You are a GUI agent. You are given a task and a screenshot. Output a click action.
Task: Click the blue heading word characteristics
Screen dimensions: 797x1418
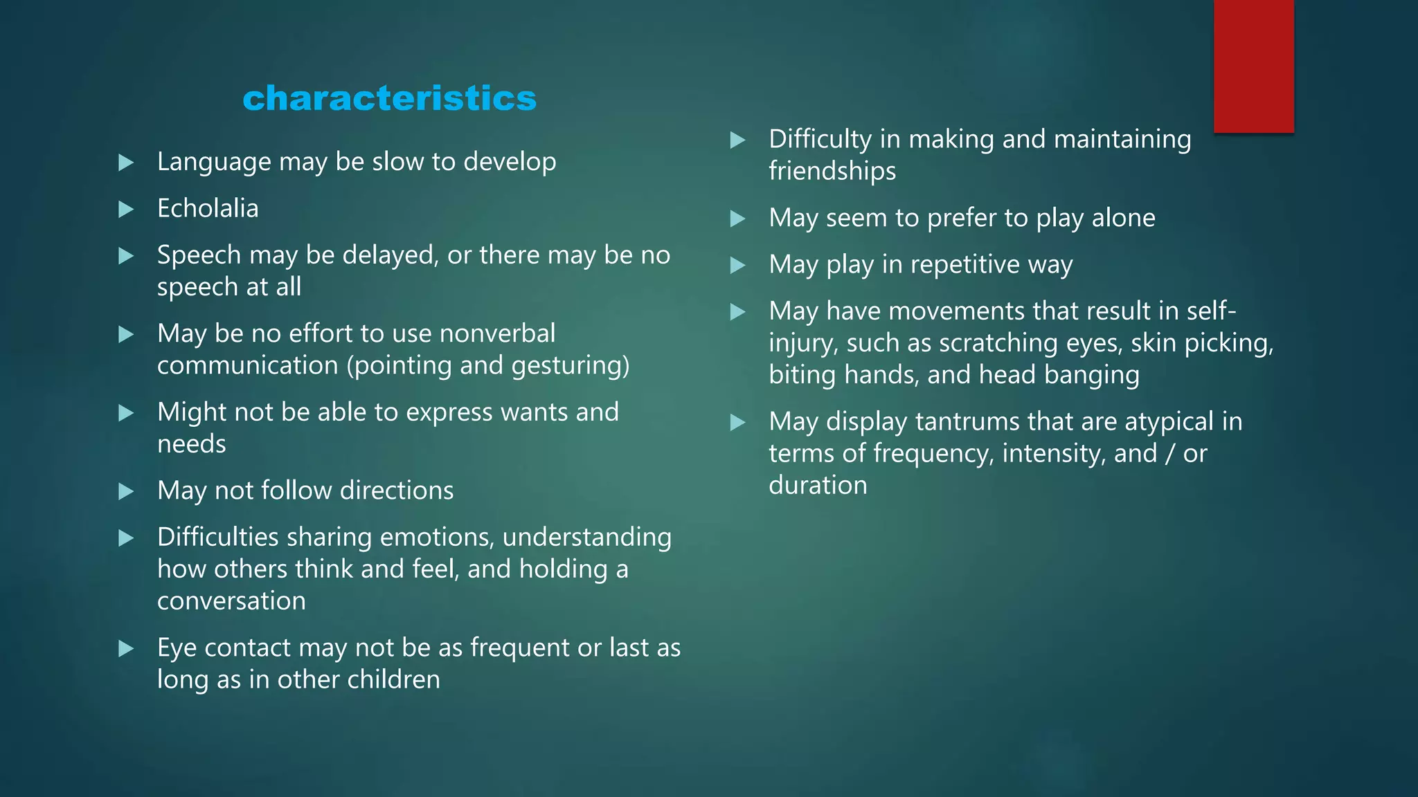click(x=389, y=98)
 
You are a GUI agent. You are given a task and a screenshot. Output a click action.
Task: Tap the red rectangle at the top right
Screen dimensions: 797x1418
click(x=1253, y=66)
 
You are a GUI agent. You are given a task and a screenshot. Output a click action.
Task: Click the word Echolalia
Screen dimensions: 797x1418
click(x=208, y=208)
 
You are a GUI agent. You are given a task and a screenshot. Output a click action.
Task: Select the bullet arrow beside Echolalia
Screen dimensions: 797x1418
click(x=126, y=209)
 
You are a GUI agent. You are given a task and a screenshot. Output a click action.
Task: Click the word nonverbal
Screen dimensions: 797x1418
click(x=497, y=333)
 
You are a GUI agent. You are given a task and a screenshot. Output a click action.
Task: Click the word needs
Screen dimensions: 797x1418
click(x=192, y=444)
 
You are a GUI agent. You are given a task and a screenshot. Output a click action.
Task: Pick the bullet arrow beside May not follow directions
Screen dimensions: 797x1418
click(x=126, y=491)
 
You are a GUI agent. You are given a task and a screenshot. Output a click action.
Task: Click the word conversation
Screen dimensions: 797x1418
click(x=231, y=601)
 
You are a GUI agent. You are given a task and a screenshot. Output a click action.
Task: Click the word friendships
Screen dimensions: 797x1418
click(x=832, y=171)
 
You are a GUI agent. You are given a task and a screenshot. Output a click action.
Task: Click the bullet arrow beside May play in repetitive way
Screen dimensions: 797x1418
click(x=738, y=265)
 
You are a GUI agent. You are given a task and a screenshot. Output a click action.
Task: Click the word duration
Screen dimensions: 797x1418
click(x=818, y=485)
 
